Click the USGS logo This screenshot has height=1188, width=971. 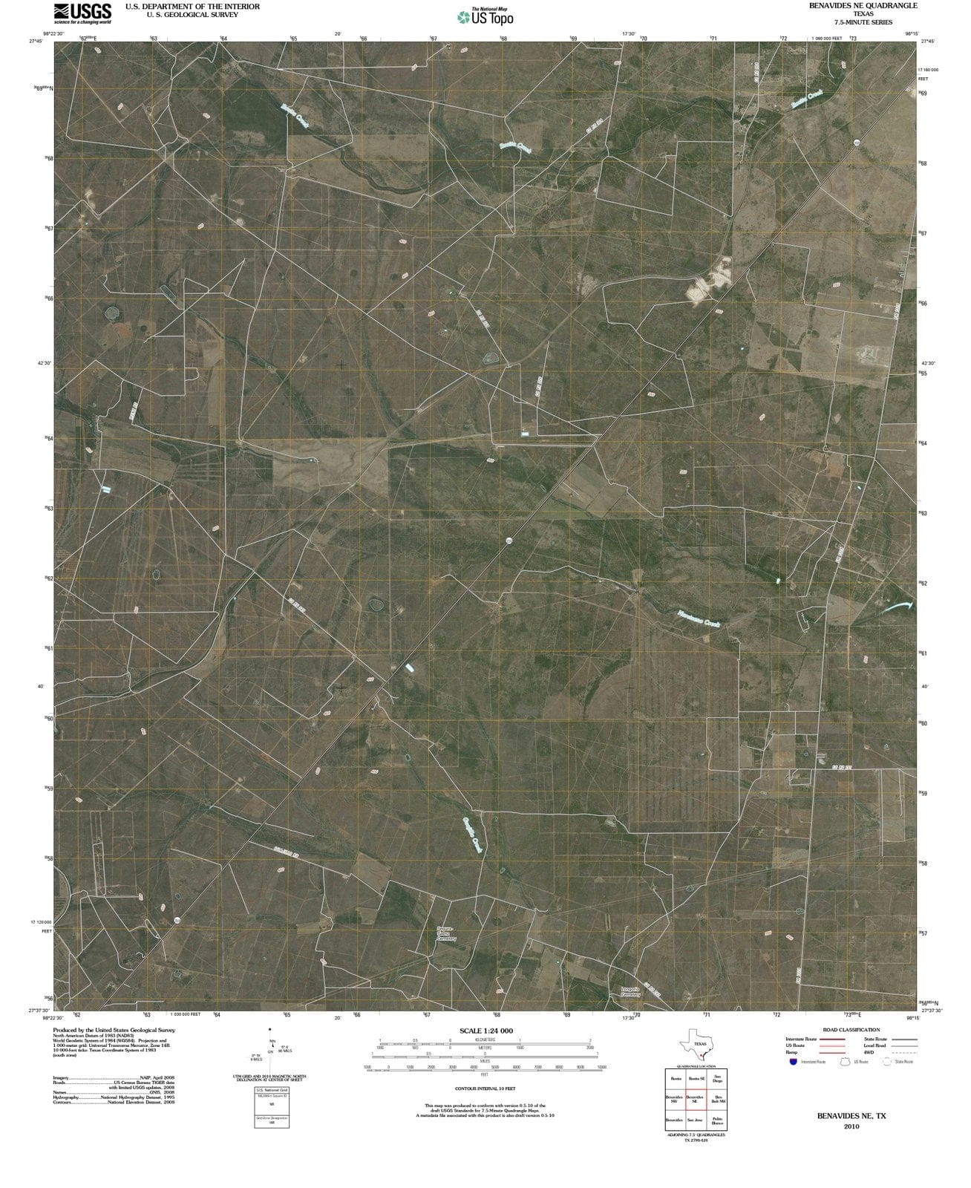[x=82, y=13]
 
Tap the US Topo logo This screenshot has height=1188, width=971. [x=485, y=17]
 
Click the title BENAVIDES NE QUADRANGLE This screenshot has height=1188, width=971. [x=863, y=6]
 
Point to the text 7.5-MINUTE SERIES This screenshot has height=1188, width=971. [x=863, y=22]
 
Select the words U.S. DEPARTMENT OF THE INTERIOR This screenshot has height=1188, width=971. [x=192, y=6]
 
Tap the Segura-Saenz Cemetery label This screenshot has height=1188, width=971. [x=446, y=933]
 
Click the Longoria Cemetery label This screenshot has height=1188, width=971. [x=630, y=991]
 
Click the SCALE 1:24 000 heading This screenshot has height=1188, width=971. [x=485, y=1031]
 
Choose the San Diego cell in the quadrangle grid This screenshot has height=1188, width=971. [x=716, y=1079]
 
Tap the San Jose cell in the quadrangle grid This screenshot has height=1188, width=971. [x=695, y=1120]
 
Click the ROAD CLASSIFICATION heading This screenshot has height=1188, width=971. [x=851, y=1030]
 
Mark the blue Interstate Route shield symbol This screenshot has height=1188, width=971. [x=794, y=1062]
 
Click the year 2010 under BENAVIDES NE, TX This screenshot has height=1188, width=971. [x=851, y=1126]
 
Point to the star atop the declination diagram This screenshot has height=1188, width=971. [x=270, y=1030]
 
